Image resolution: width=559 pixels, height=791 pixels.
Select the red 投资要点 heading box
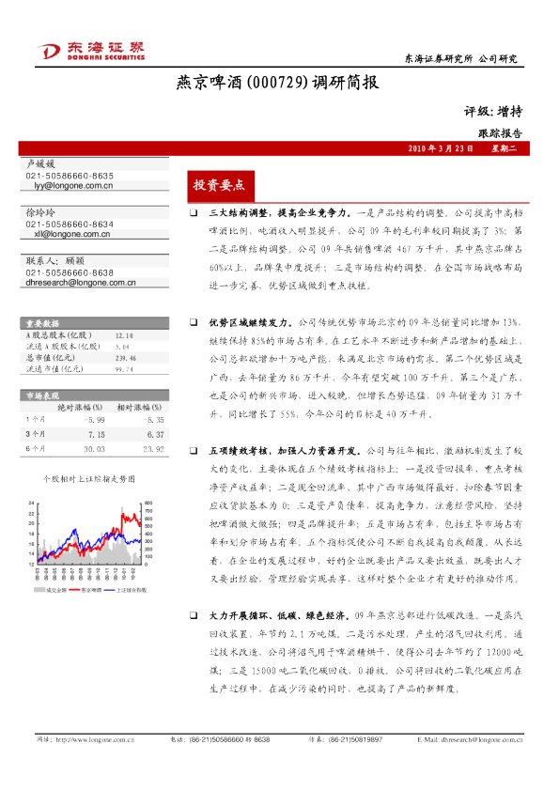pyautogui.click(x=218, y=184)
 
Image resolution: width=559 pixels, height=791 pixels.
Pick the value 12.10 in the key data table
pyautogui.click(x=123, y=334)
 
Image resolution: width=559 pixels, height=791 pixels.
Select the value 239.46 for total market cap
pyautogui.click(x=126, y=358)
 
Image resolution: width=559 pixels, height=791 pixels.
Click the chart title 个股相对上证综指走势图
pyautogui.click(x=89, y=478)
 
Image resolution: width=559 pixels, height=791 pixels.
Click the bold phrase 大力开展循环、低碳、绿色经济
pyautogui.click(x=275, y=613)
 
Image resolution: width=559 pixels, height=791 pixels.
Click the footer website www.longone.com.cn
pyautogui.click(x=94, y=766)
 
